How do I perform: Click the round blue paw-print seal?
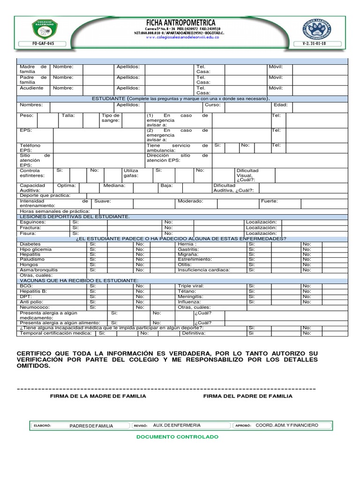(317, 29)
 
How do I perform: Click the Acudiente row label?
(31, 88)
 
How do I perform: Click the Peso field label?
(26, 115)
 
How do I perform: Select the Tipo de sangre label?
(111, 118)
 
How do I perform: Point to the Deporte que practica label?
(45, 195)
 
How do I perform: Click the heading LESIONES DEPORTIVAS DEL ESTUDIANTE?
(74, 217)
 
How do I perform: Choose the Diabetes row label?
(30, 244)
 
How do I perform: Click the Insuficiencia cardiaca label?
(204, 270)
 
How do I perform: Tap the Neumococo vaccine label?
(34, 307)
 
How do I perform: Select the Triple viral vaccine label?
(191, 285)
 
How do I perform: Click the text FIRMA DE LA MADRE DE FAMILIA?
(98, 396)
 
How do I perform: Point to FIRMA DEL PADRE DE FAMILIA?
(247, 396)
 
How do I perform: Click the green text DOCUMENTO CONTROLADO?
(177, 436)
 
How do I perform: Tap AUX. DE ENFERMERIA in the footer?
(177, 425)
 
